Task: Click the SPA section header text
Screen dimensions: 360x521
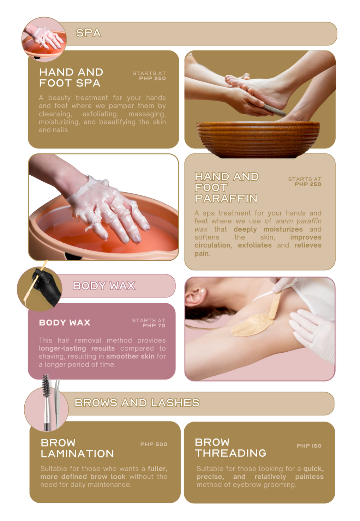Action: [89, 33]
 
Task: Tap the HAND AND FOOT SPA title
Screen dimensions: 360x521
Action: [71, 78]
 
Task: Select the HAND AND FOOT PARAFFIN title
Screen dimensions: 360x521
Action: [227, 187]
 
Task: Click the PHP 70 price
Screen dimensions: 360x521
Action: [154, 325]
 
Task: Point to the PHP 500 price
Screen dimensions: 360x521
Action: [154, 444]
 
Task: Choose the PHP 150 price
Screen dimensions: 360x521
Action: [309, 446]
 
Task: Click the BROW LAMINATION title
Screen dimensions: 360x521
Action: [77, 448]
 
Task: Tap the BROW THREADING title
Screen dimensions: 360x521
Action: [230, 448]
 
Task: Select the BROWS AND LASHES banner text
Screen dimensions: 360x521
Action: [137, 403]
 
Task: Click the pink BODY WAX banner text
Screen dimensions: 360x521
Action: [104, 286]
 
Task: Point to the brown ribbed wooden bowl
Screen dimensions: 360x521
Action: [258, 139]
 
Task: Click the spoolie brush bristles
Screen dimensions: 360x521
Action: [46, 386]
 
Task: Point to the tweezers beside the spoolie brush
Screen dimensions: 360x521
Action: [57, 404]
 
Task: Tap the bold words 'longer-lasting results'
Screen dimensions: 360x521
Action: [77, 348]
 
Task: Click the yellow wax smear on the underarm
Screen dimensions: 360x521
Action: [252, 324]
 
